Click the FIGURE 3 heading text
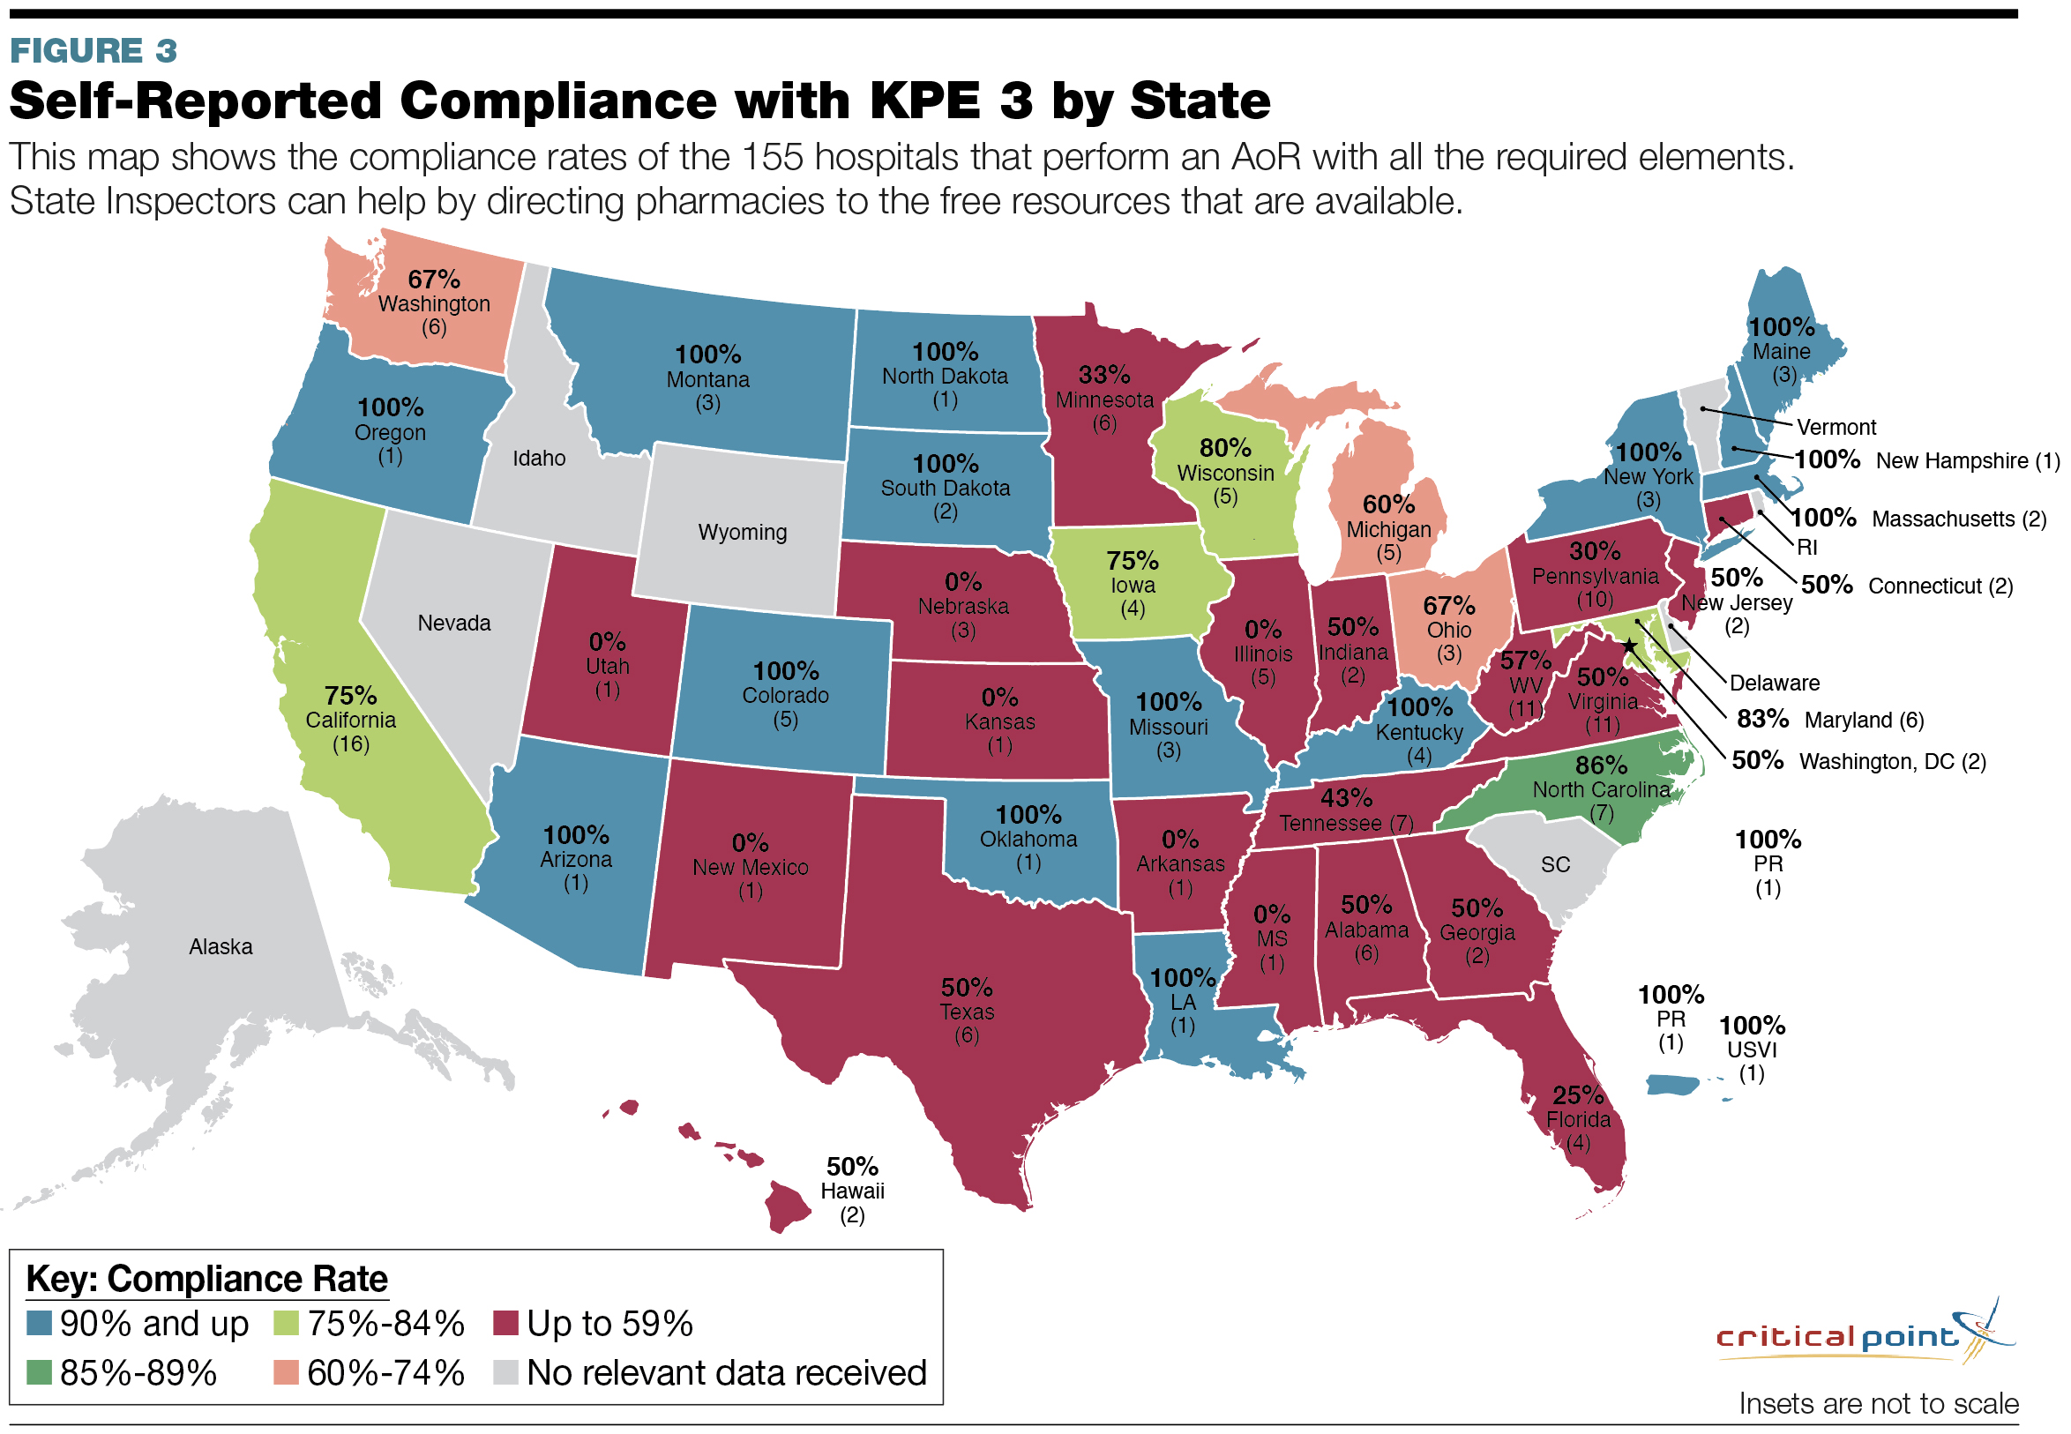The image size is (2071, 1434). (x=93, y=51)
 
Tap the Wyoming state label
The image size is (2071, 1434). (x=742, y=532)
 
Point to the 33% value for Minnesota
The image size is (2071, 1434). (x=1104, y=375)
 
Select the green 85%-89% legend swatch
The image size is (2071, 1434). (x=39, y=1372)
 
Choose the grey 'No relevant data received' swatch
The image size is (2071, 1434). (x=506, y=1372)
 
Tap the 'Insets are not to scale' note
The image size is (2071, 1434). (x=1878, y=1403)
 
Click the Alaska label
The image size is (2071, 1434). (x=221, y=947)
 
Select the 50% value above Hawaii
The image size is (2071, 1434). (x=852, y=1167)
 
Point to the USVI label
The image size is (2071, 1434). (x=1752, y=1050)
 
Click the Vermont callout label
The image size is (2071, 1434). (x=1835, y=428)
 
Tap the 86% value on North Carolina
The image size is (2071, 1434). (x=1601, y=766)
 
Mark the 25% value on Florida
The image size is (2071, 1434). (x=1578, y=1096)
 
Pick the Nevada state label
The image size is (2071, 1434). (x=453, y=624)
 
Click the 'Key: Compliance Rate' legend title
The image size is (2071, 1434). (x=206, y=1279)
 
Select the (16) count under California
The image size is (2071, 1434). (x=350, y=744)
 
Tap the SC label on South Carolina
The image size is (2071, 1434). (x=1555, y=864)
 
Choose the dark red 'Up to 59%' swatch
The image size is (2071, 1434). (x=506, y=1324)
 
